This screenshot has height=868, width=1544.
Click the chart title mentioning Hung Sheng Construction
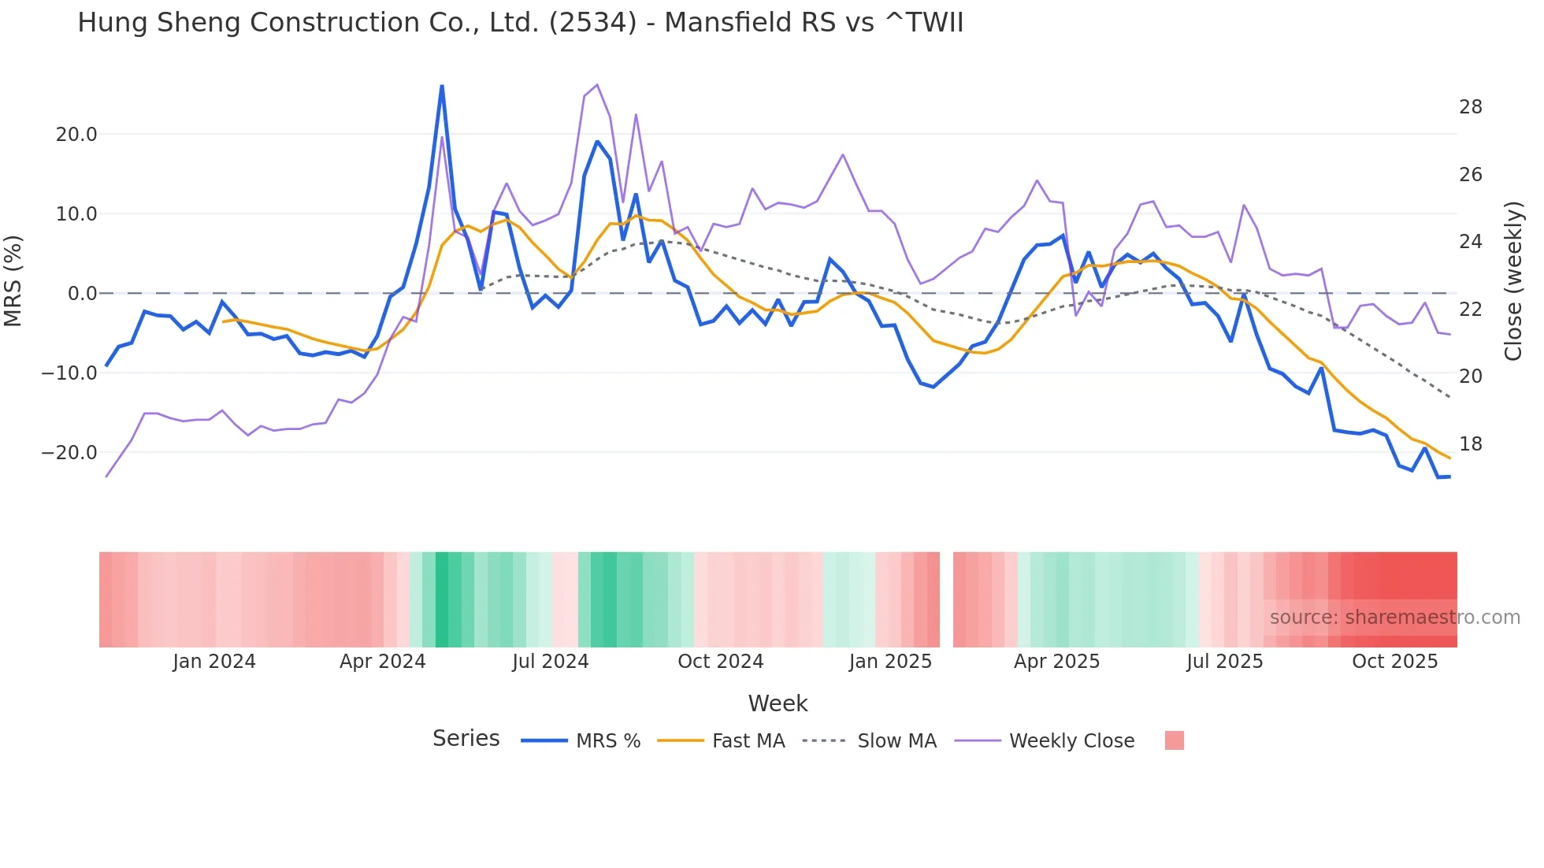[x=520, y=22]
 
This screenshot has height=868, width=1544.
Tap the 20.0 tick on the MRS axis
[x=76, y=135]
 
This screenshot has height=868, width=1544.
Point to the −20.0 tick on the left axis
[x=69, y=453]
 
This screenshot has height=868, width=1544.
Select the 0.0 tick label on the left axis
[x=82, y=294]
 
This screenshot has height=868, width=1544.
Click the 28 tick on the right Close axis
[x=1470, y=107]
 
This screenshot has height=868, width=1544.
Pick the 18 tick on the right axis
[x=1470, y=444]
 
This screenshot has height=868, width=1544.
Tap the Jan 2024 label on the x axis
[x=214, y=662]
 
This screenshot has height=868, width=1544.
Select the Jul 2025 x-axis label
[x=1224, y=662]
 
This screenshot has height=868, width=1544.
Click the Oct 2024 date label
[x=720, y=662]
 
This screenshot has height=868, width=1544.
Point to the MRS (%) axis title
[x=13, y=280]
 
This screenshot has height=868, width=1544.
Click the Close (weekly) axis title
[x=1513, y=281]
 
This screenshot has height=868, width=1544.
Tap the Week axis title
[x=778, y=703]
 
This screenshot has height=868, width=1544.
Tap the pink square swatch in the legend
[x=1174, y=740]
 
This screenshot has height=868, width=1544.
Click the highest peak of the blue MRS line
[x=442, y=86]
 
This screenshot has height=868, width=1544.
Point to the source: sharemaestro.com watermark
[x=1394, y=618]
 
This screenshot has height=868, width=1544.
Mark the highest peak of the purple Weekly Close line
[x=597, y=84]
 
